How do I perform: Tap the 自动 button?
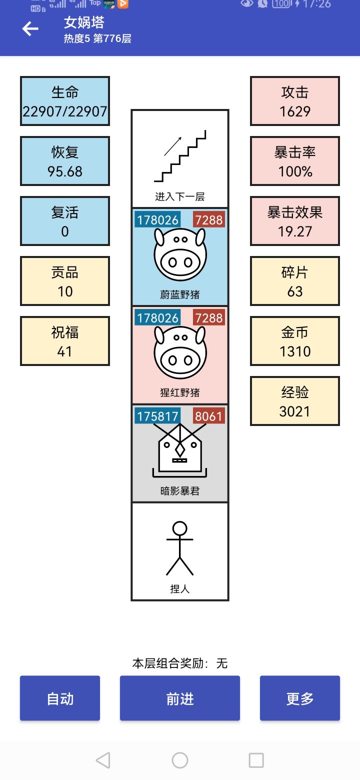60,698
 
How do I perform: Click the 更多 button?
300,698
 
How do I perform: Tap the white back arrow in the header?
30,29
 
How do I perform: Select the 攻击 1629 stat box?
295,101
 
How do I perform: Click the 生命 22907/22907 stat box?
65,101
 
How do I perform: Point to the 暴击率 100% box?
295,161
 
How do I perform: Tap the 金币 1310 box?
295,341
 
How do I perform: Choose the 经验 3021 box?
295,401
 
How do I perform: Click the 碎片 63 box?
295,281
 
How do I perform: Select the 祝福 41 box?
65,341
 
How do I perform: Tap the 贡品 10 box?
65,281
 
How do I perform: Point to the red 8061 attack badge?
208,416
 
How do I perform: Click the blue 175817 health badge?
158,416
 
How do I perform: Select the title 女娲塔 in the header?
84,22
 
